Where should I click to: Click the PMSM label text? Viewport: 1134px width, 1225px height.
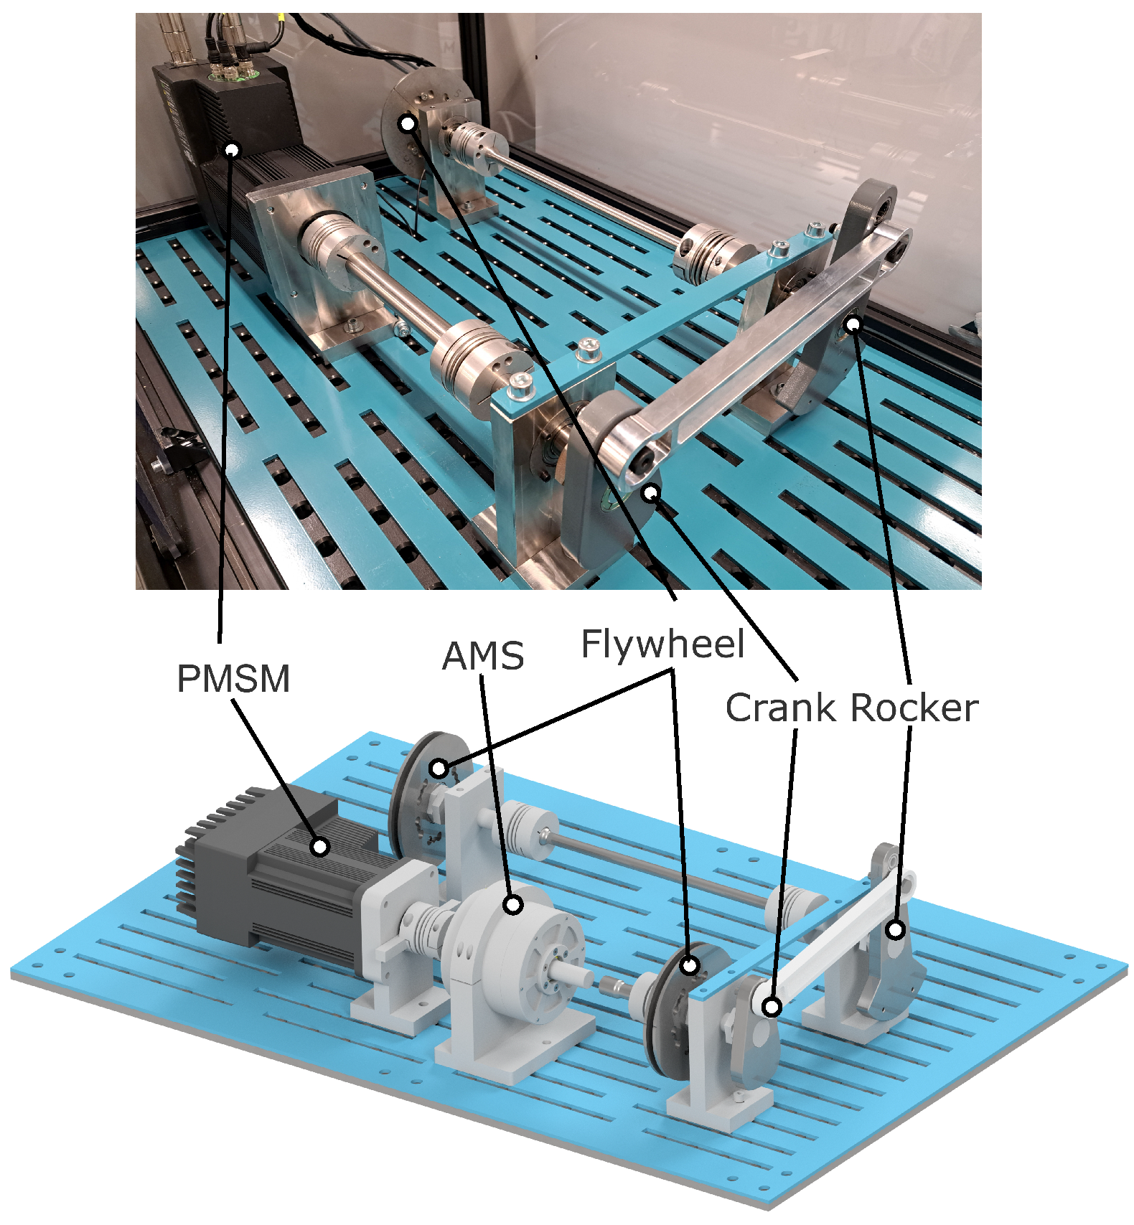[233, 678]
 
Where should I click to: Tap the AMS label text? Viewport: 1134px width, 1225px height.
[483, 656]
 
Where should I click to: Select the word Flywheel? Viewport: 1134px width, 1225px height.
[662, 644]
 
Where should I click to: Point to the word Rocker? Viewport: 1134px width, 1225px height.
[915, 708]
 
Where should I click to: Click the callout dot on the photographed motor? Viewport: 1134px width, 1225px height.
[232, 149]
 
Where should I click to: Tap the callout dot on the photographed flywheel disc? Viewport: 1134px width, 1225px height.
[408, 123]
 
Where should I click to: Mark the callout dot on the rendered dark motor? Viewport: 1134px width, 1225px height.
[320, 847]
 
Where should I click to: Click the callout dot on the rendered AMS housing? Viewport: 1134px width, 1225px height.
[513, 905]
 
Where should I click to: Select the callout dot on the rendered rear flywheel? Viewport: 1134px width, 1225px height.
[439, 769]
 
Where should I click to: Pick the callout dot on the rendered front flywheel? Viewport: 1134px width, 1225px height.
[690, 965]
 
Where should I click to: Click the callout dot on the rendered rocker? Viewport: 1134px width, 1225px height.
[895, 930]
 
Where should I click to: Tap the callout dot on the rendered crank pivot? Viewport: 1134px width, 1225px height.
[772, 1007]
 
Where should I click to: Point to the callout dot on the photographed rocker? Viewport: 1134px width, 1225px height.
[853, 324]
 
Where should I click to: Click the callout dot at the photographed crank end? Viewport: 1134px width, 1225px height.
[651, 492]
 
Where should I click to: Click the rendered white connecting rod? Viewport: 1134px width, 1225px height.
[833, 940]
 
